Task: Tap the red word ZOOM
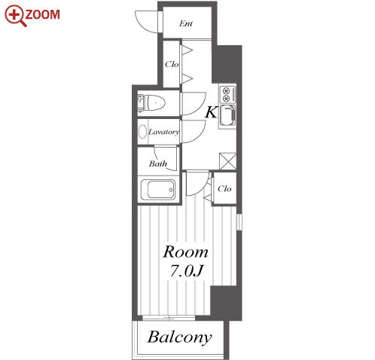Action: (x=43, y=14)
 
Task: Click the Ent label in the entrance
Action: (x=186, y=23)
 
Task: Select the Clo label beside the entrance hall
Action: (x=172, y=64)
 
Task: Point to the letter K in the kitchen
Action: (x=211, y=112)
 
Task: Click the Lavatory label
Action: (x=164, y=132)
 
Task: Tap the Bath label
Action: (x=157, y=163)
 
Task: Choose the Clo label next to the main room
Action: (x=224, y=188)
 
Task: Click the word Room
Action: (x=185, y=252)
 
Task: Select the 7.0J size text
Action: (x=186, y=271)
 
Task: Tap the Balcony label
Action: (x=179, y=337)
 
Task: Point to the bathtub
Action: (x=158, y=189)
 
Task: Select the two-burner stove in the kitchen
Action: (x=228, y=94)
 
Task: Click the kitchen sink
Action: (x=228, y=115)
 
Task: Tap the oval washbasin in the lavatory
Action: (x=142, y=132)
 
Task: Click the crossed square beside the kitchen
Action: (x=227, y=161)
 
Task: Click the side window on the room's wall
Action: (x=239, y=222)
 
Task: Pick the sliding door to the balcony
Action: (x=169, y=318)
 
